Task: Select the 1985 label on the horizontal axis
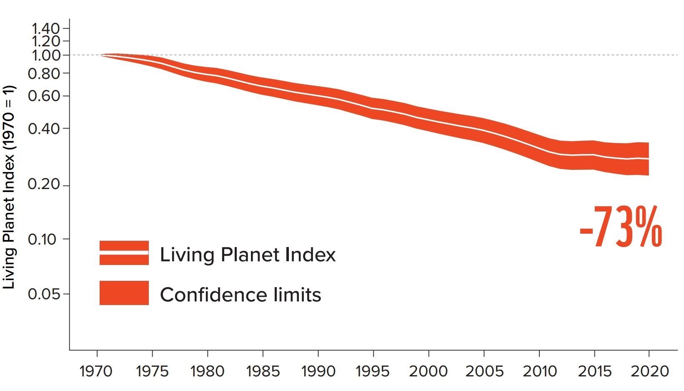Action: [263, 371]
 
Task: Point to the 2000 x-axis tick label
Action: [428, 371]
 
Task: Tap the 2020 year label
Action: [649, 371]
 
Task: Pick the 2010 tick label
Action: [539, 371]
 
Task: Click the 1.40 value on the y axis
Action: [45, 28]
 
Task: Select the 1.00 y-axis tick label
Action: [45, 55]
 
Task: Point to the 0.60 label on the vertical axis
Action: [44, 96]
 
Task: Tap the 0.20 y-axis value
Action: [44, 184]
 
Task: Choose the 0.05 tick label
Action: [44, 294]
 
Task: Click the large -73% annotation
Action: [621, 227]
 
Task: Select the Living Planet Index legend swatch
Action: [124, 253]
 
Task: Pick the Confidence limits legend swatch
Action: [124, 293]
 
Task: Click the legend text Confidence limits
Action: [241, 295]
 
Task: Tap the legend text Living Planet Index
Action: [248, 255]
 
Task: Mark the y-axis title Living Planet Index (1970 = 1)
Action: [9, 187]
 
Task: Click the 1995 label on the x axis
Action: [373, 371]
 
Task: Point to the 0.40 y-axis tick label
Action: [44, 129]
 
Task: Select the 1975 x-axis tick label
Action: [152, 371]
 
